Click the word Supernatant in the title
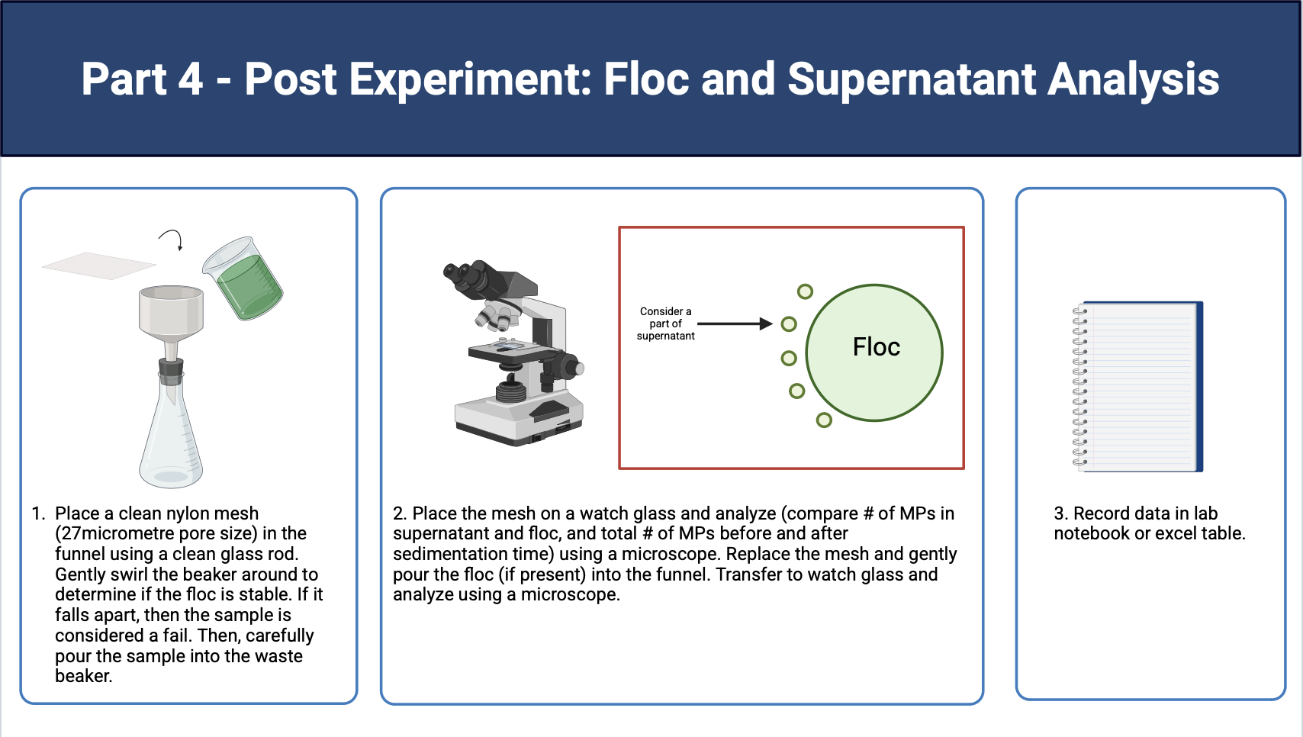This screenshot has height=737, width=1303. [912, 79]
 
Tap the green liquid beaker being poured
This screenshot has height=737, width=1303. [243, 278]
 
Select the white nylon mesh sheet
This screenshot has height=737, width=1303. [99, 266]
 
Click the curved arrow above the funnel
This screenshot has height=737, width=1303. [172, 239]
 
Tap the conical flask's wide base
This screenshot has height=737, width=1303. [170, 465]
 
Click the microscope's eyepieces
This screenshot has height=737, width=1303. [465, 275]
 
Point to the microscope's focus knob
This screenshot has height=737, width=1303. [570, 366]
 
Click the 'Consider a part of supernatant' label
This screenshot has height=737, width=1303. [665, 323]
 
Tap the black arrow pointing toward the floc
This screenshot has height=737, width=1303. [735, 323]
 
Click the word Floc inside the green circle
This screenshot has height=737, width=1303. [876, 346]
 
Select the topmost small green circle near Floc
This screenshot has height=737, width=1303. [805, 291]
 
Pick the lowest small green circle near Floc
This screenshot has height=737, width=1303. [824, 420]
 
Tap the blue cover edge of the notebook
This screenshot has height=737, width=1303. [1199, 386]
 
